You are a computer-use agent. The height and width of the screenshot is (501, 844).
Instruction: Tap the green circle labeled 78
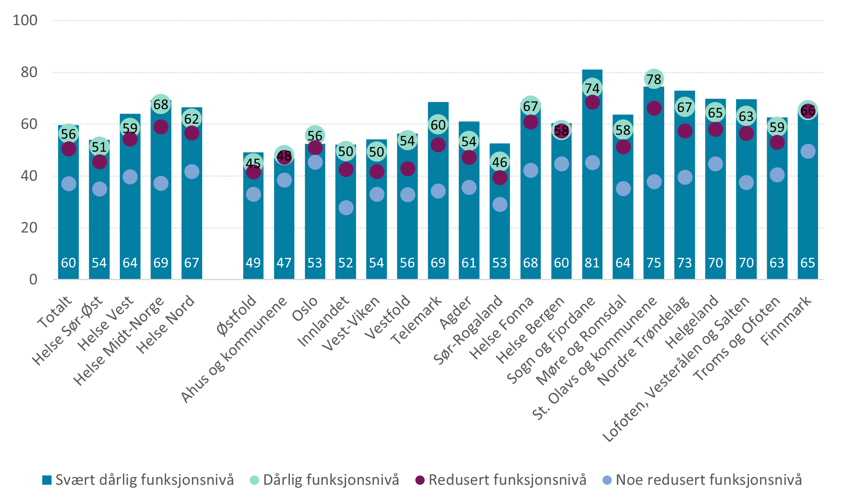tap(654, 79)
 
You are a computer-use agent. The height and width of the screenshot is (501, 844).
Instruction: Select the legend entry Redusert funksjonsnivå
tap(501, 480)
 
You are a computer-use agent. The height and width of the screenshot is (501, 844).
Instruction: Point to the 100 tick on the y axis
tap(25, 20)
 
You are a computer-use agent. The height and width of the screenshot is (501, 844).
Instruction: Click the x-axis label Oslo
tap(305, 309)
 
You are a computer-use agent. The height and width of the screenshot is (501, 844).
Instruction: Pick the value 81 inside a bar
tap(592, 263)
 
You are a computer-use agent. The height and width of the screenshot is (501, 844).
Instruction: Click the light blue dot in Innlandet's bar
tap(346, 208)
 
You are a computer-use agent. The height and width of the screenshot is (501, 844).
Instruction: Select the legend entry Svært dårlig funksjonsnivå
tap(138, 480)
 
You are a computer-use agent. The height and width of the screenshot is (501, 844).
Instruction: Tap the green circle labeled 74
tap(592, 88)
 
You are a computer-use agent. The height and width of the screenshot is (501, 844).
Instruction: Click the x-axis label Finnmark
tap(786, 320)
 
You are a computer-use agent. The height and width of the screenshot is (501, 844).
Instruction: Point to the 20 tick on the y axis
tap(29, 228)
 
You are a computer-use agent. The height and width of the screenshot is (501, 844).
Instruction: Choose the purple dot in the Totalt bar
tap(69, 149)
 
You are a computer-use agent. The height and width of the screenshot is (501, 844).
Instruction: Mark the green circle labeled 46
tap(500, 162)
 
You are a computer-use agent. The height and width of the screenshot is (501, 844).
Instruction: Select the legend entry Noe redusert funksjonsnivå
tap(703, 480)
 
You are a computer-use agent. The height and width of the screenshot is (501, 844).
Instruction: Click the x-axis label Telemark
tap(416, 320)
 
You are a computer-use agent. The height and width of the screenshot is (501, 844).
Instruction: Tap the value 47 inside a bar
tap(284, 263)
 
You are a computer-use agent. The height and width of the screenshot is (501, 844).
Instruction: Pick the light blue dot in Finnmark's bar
tap(807, 151)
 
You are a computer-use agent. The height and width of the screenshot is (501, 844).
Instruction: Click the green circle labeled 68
tap(161, 104)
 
